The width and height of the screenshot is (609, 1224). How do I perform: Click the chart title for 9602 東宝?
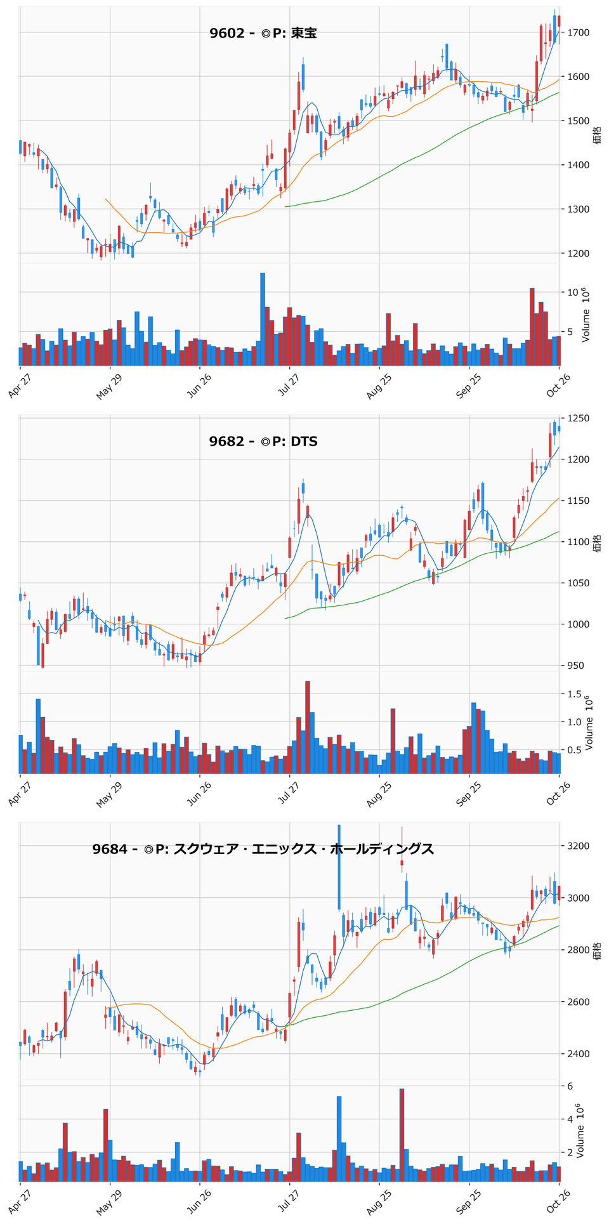click(263, 33)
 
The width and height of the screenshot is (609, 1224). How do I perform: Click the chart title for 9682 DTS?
click(263, 441)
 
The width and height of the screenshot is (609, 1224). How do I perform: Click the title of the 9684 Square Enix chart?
click(263, 849)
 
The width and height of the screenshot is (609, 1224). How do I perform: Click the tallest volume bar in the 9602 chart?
click(263, 320)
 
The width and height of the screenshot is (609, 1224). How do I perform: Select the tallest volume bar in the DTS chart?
click(308, 727)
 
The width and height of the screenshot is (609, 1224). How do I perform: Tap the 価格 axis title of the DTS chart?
click(597, 543)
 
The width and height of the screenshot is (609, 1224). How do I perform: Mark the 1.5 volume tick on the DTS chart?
click(575, 694)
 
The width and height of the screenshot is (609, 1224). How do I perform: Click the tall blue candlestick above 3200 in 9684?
click(339, 867)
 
